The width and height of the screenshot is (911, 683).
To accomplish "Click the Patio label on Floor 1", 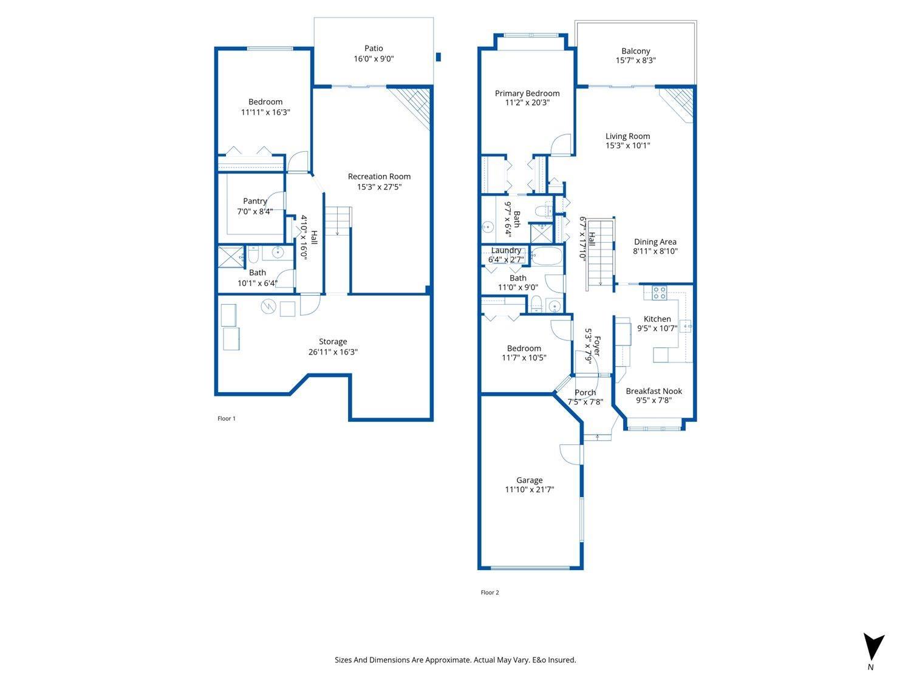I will (374, 49).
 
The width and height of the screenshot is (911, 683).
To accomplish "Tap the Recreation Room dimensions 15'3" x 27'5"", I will (379, 187).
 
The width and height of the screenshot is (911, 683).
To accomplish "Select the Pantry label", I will (254, 201).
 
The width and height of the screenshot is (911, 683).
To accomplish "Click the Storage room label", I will (333, 342).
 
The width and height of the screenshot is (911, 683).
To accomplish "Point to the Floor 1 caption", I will (227, 418).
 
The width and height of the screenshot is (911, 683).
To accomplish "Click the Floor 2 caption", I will (490, 593).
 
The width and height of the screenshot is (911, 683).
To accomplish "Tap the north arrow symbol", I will (874, 647).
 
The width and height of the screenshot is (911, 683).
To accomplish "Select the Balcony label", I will (635, 51).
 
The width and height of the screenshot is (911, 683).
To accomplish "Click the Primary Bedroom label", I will (527, 93).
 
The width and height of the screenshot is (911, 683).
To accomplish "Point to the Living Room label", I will (627, 137).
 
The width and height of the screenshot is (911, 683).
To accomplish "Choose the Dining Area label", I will (655, 242).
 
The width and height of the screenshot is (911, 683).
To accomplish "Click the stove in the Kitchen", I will (660, 293).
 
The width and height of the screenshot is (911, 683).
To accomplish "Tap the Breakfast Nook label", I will (653, 391).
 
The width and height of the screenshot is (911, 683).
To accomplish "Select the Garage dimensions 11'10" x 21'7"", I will (530, 490).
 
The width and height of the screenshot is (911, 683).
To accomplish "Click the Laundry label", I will (506, 250).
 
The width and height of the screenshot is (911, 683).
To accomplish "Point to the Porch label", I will (585, 392).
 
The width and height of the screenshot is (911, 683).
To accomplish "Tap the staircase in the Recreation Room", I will (338, 221).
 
